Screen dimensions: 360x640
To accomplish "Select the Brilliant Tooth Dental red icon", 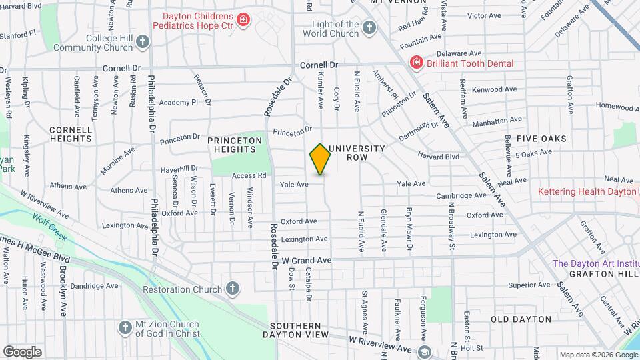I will click(417, 63).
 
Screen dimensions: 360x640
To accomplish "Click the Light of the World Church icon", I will click(369, 28).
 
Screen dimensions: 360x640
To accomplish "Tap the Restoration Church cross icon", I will click(232, 289).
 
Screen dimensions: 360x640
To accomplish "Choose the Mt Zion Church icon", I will click(125, 327).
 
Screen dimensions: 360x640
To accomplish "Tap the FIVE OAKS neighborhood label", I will click(541, 139).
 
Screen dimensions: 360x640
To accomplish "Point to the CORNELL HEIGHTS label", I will click(71, 134).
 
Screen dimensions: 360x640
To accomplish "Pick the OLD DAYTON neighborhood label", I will click(521, 319).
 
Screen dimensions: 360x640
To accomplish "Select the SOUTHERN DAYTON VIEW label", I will click(305, 330).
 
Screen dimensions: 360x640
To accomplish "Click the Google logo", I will click(22, 352).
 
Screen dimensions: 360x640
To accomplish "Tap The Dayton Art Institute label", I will click(595, 263).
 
